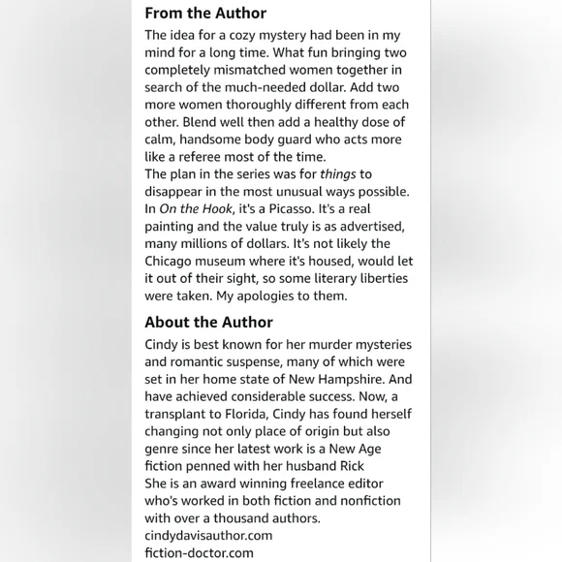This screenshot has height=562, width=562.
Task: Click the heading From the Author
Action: [x=205, y=14]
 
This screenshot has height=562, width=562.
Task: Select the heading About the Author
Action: [x=208, y=323]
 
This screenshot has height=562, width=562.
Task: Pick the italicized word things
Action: [x=337, y=174]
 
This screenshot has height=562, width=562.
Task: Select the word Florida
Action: [x=236, y=415]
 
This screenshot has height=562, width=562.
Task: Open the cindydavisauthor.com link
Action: [x=208, y=536]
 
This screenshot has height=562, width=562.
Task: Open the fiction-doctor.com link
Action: [x=199, y=553]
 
